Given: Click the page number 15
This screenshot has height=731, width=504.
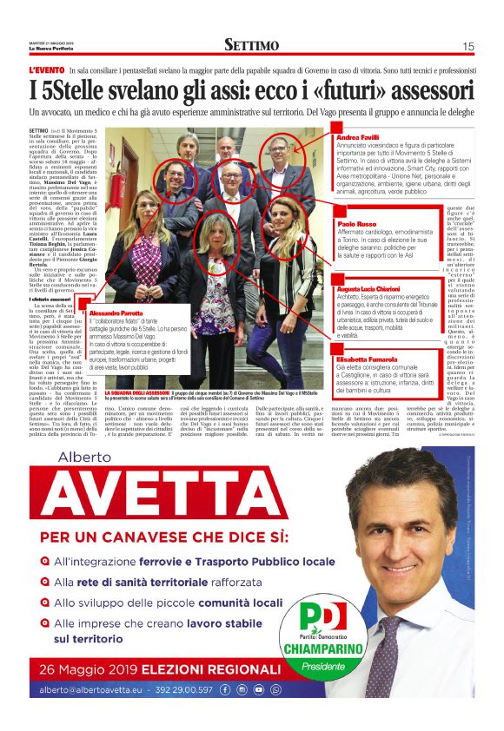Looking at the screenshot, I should pos(468,46).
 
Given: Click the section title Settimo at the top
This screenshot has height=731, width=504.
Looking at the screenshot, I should pos(251,45).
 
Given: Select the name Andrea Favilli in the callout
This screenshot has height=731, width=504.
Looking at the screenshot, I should pos(356,138).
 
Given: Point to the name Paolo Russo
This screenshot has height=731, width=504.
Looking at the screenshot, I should pos(353,224).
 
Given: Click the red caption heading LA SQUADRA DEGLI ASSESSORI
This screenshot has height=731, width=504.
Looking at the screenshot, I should pos(141,392).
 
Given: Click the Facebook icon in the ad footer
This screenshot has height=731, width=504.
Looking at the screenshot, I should pos(226,689).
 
